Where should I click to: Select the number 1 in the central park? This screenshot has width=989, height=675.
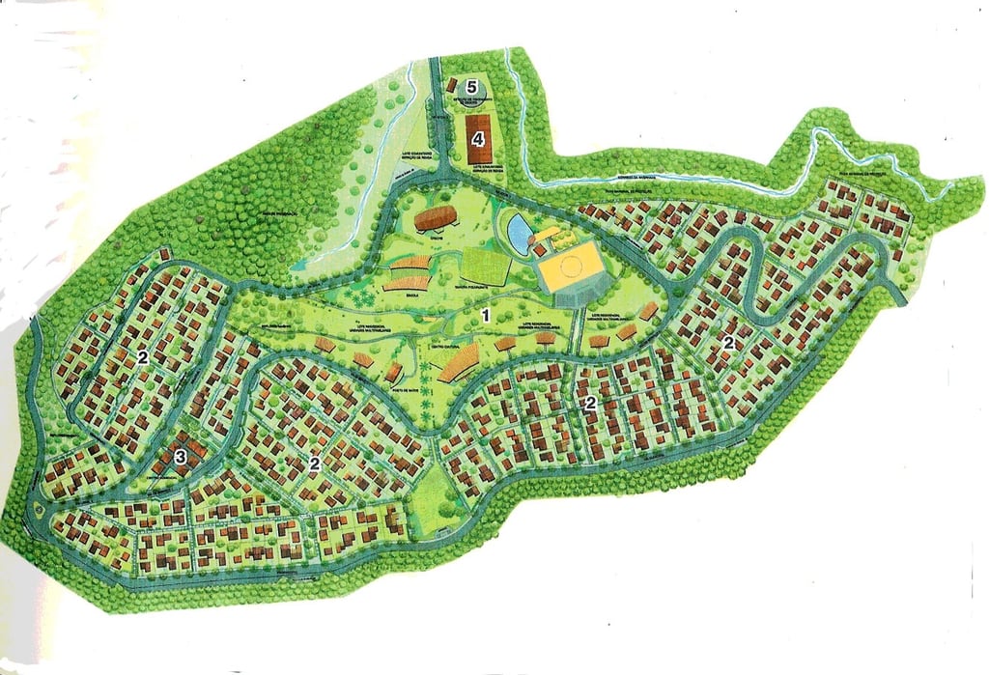(x=487, y=315)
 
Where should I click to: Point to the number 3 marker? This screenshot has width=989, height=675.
(x=181, y=457)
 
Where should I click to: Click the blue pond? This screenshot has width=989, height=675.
(x=519, y=231)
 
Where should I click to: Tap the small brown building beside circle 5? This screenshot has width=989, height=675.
(x=451, y=86)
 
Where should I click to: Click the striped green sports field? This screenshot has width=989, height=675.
(x=484, y=266)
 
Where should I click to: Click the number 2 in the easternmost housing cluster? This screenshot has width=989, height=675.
(x=730, y=343)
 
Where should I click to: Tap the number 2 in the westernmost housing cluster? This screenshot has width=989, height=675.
(x=142, y=358)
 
